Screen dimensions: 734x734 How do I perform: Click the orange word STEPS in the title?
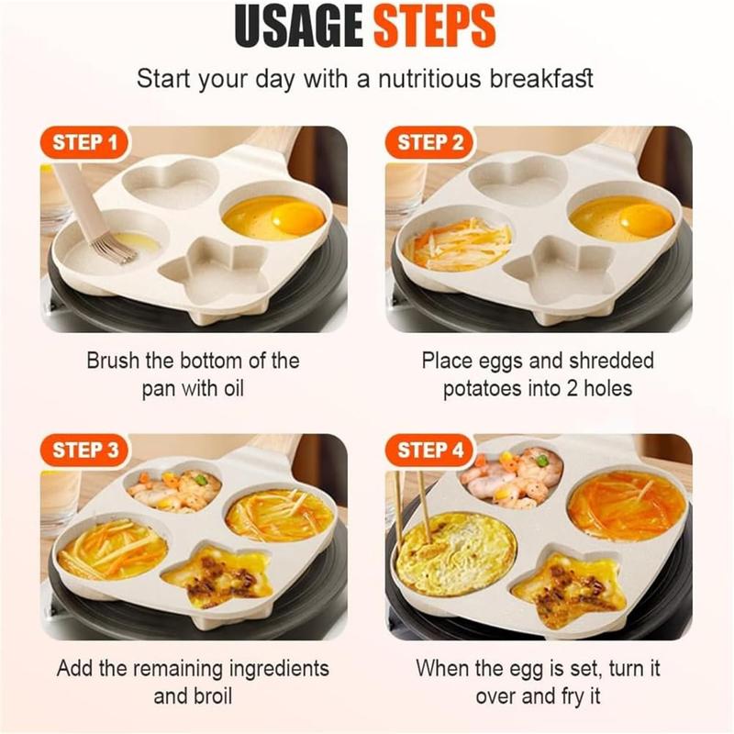(436, 28)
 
